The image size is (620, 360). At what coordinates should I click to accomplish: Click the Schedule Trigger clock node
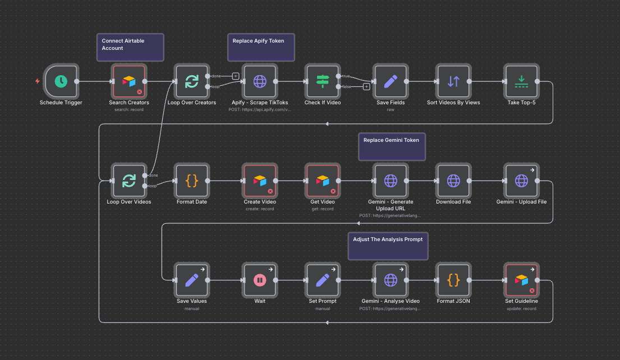pos(61,81)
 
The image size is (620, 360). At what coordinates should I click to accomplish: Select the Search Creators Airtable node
pos(129,81)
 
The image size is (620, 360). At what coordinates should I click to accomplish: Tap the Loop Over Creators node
pos(191,81)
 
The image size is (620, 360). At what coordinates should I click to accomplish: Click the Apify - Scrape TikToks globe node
pos(260,81)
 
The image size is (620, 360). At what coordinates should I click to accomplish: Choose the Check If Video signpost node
pos(322,81)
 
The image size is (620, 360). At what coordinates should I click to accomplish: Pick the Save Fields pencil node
pos(391,81)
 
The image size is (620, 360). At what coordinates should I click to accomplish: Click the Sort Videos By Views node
pos(453,81)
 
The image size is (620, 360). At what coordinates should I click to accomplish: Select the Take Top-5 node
pos(521,81)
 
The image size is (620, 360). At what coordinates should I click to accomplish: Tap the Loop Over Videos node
pos(129,180)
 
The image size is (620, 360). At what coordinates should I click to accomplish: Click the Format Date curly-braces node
pos(191,180)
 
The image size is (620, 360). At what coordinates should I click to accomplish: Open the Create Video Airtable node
pos(260,180)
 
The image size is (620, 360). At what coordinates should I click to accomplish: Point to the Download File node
pos(453,180)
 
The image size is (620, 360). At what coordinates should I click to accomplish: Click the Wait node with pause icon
pos(260,279)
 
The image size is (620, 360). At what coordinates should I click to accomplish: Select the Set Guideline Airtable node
pos(521,279)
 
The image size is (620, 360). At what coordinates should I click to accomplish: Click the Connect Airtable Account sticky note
pos(130,47)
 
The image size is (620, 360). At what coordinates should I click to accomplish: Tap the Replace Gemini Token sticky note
pos(392,146)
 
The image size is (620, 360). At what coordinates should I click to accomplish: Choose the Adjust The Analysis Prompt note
pos(388,246)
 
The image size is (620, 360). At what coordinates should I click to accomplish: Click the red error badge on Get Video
pos(333,191)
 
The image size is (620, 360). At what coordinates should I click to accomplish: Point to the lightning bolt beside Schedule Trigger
pos(38,81)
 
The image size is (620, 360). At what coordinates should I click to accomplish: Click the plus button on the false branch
pos(366,86)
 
